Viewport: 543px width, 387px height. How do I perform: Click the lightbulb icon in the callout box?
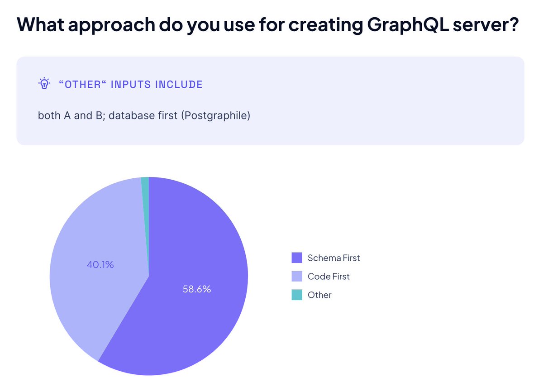pyautogui.click(x=44, y=84)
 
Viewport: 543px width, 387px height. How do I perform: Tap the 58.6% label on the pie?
pyautogui.click(x=197, y=289)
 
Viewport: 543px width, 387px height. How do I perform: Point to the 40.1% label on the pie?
pyautogui.click(x=100, y=264)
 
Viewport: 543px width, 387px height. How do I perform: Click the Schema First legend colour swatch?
pyautogui.click(x=297, y=258)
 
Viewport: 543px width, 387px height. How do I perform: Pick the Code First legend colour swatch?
pyautogui.click(x=297, y=277)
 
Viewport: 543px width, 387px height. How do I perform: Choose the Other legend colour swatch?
pyautogui.click(x=297, y=295)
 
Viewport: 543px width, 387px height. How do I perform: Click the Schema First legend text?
pyautogui.click(x=333, y=258)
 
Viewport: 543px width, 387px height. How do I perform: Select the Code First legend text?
pyautogui.click(x=329, y=277)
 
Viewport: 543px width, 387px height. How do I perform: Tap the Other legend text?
pyautogui.click(x=319, y=295)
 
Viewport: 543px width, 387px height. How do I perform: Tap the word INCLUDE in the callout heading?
pyautogui.click(x=179, y=84)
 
